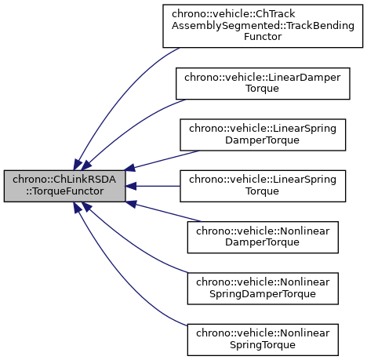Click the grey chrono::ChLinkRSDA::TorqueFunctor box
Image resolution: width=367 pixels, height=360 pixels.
tap(64, 186)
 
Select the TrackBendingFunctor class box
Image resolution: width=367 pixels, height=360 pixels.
tap(263, 26)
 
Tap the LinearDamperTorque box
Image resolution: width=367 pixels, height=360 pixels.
tap(263, 83)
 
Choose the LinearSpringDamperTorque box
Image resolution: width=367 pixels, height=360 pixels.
tap(263, 135)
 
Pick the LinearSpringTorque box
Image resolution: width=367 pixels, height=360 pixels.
tap(263, 186)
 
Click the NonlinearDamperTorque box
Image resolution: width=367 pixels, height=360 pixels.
tap(263, 237)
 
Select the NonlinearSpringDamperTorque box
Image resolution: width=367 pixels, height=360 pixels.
tap(263, 289)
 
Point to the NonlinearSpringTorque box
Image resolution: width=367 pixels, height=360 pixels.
tap(263, 340)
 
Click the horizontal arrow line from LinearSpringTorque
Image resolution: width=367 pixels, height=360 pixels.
tap(158, 186)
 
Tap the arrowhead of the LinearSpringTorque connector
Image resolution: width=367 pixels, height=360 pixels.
tap(131, 186)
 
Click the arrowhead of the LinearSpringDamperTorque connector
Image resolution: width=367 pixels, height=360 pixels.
tap(130, 168)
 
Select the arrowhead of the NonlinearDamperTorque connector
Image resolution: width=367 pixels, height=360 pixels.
tap(131, 204)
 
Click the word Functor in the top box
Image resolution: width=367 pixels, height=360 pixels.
tap(263, 37)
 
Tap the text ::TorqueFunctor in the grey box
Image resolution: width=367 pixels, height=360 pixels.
tap(64, 191)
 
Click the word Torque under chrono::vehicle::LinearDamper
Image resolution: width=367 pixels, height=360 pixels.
tap(262, 89)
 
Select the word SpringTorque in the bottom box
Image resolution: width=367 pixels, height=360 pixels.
tap(263, 345)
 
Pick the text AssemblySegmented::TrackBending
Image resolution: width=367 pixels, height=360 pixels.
tap(263, 26)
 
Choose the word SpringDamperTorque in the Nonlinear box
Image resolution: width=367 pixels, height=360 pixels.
tap(263, 294)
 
